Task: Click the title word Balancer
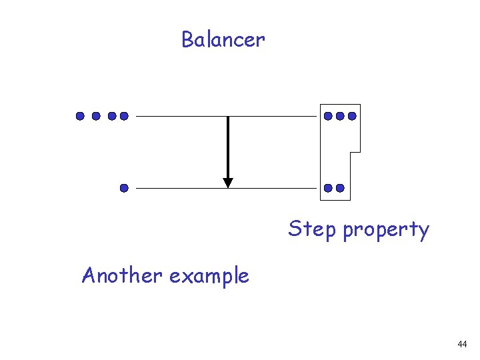223,40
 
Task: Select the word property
386,231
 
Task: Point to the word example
209,276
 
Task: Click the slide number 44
462,344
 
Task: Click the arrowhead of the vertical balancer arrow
228,182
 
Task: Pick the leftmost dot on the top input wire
80,116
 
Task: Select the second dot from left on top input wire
96,116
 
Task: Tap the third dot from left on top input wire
112,116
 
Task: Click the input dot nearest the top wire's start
123,116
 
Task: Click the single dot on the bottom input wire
124,188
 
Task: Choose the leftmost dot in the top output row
328,116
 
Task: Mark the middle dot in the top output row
340,116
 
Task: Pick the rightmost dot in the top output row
352,116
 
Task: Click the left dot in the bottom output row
328,188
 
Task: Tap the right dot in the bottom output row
340,188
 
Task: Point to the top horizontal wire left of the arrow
180,116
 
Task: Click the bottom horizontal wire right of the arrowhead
273,188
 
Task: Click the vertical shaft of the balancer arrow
228,147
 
